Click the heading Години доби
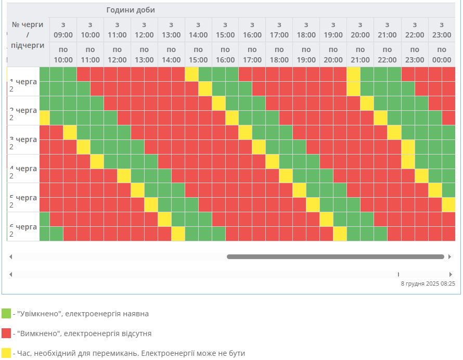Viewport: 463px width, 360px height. click(131, 10)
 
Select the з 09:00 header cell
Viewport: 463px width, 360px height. click(63, 30)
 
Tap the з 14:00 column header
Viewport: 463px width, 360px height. click(198, 30)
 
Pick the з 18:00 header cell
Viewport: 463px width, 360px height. click(306, 30)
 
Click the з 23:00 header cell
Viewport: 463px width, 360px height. click(441, 30)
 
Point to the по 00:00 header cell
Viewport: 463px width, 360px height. click(441, 54)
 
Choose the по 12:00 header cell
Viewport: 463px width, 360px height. click(117, 54)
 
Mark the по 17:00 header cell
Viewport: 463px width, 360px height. click(252, 54)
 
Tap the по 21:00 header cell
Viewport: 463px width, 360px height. click(361, 54)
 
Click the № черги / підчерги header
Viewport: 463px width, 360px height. click(28, 35)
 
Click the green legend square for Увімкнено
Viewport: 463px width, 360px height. click(6, 313)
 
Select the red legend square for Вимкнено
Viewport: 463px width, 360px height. click(6, 333)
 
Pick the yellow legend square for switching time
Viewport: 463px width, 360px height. click(6, 353)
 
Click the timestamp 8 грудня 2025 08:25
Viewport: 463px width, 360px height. click(428, 284)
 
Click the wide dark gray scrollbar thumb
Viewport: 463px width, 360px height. click(336, 256)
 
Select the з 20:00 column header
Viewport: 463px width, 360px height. click(361, 30)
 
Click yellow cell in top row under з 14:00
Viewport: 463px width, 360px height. click(191, 74)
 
